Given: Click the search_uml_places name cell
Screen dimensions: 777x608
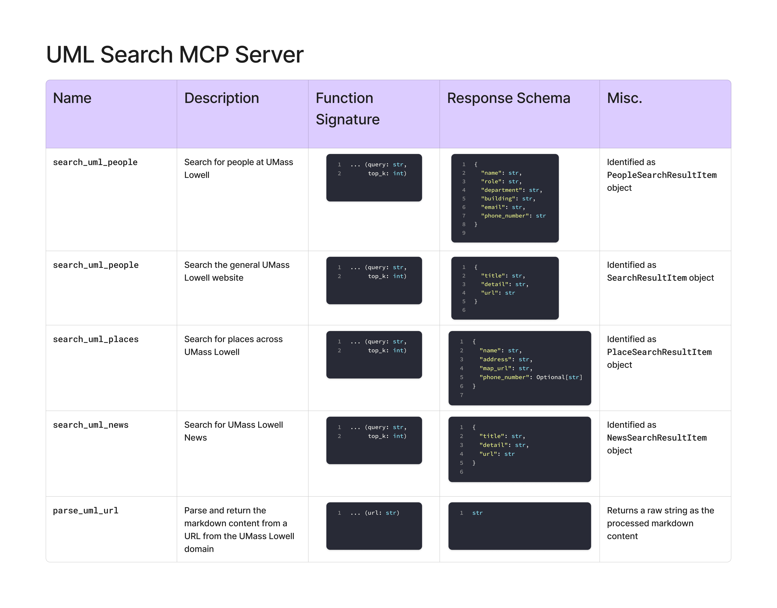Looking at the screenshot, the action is (96, 339).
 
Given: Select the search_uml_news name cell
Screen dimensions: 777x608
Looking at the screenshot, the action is (91, 425).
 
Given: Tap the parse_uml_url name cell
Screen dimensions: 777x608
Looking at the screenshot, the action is (86, 511).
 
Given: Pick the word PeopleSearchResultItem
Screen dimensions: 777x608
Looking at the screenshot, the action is (662, 175).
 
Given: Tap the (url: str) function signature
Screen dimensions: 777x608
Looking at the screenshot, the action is (382, 513).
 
